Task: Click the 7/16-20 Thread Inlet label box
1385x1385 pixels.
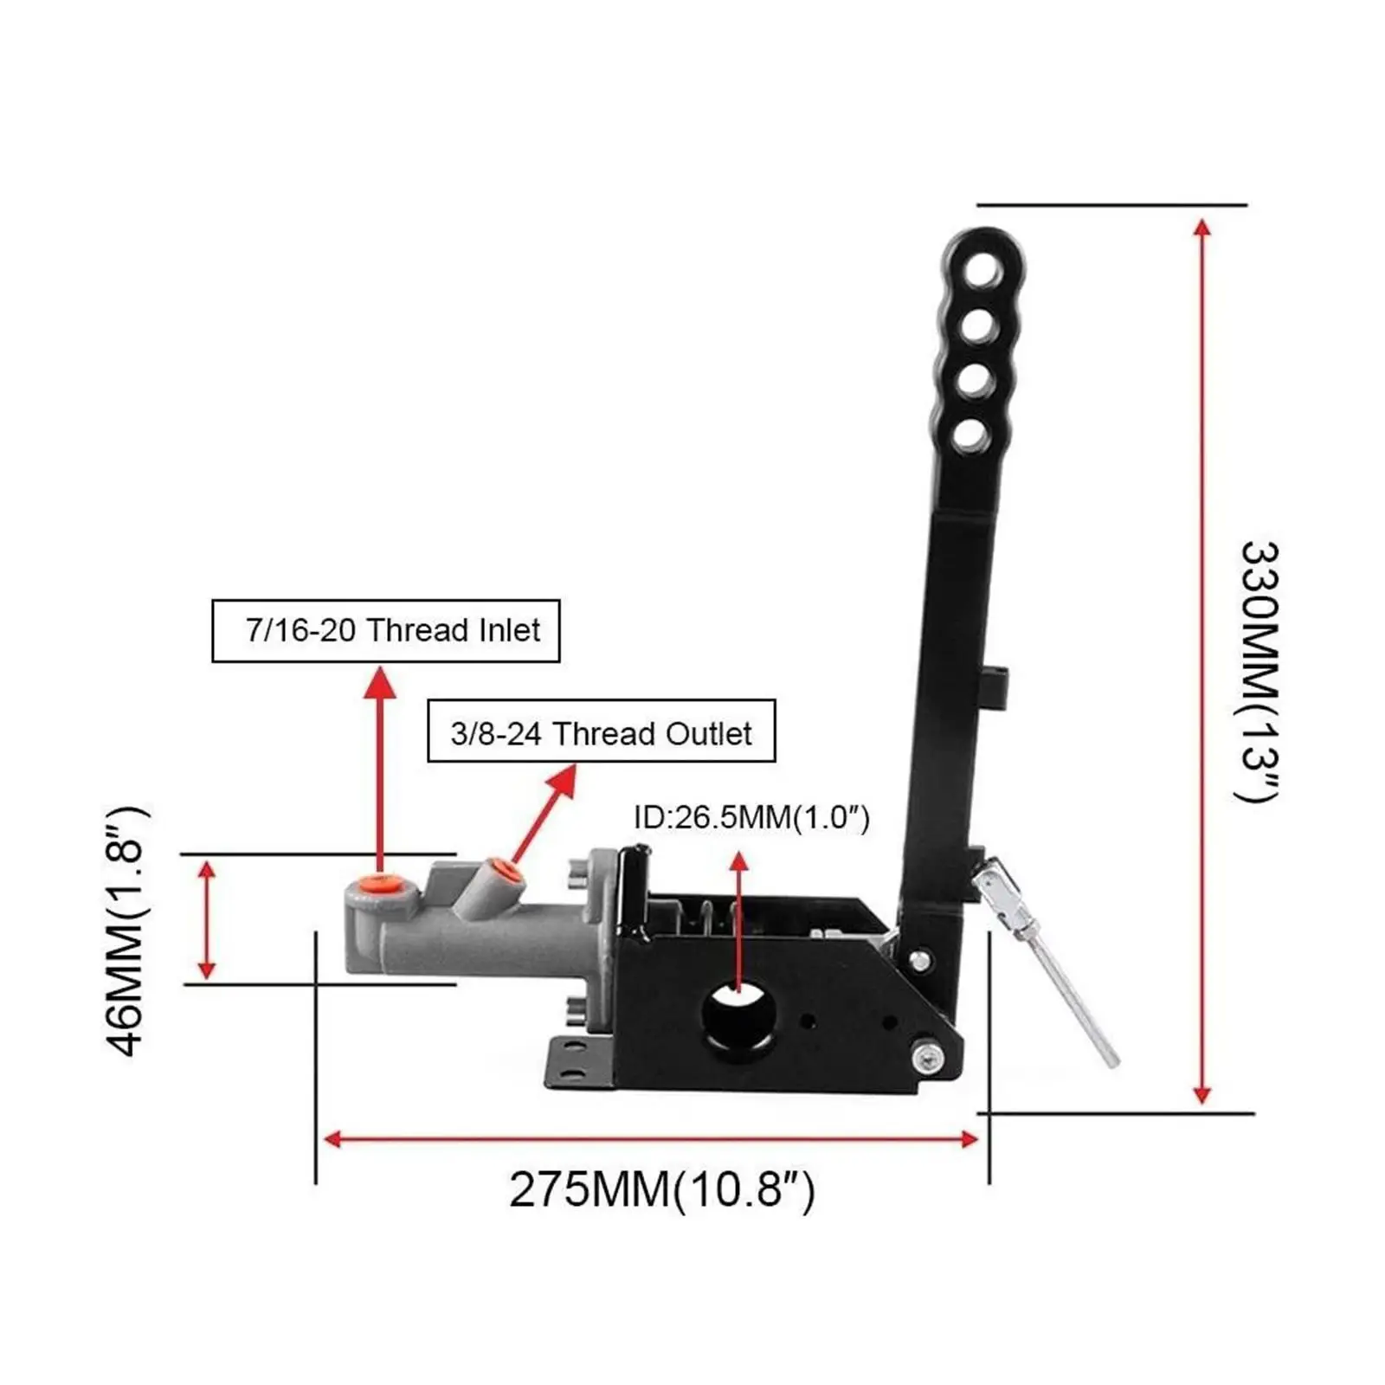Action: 386,630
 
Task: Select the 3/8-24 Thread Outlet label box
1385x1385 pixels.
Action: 602,731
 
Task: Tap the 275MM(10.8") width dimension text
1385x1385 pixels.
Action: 661,1190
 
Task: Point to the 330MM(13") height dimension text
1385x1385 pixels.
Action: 1258,672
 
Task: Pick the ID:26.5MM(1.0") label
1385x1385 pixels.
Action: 751,817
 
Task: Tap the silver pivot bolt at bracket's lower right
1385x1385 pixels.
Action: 927,1057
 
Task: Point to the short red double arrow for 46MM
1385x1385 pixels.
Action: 206,919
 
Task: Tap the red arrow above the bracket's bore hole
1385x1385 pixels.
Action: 738,918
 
